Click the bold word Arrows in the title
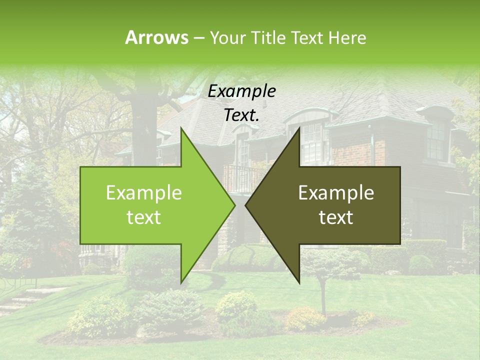point(156,37)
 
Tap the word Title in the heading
point(267,37)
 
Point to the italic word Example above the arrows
point(241,91)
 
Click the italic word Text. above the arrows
point(241,115)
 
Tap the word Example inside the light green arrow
point(144,193)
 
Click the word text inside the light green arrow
point(144,217)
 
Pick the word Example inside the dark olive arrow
point(336,193)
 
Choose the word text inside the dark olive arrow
point(336,217)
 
